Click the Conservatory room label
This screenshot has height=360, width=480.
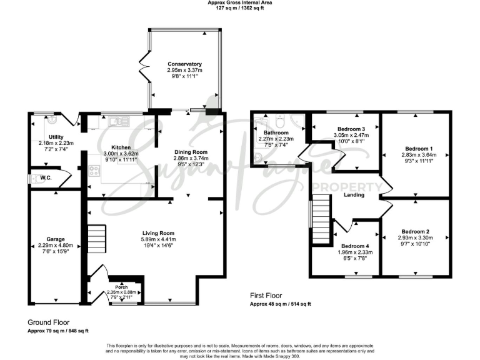[184, 64]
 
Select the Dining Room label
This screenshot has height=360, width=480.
[190, 152]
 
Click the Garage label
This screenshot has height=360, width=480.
[55, 239]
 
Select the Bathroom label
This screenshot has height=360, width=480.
[276, 133]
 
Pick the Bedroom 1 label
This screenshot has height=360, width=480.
[414, 149]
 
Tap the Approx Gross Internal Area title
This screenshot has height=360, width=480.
[240, 3]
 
